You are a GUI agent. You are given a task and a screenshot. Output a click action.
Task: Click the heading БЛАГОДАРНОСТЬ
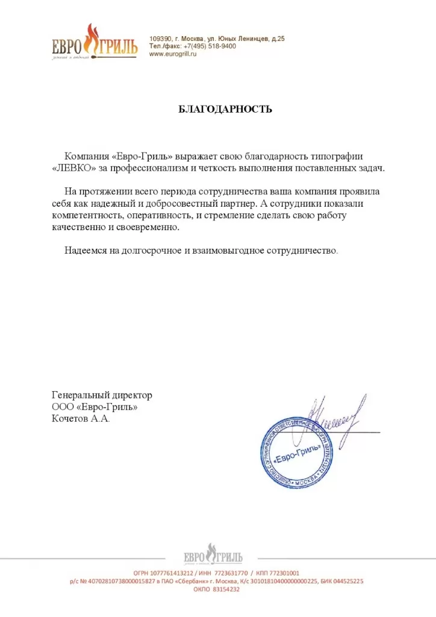pos(225,109)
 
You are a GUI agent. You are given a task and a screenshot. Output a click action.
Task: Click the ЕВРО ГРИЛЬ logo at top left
pos(94,42)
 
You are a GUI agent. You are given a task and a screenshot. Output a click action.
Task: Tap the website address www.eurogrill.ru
pos(173,54)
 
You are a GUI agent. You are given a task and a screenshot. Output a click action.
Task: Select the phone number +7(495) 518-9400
pos(210,46)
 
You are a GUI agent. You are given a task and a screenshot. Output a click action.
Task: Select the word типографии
pos(352,155)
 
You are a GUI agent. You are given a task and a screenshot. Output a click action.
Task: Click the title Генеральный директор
pos(102,395)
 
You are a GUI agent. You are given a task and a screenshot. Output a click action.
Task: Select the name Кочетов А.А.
pos(81,419)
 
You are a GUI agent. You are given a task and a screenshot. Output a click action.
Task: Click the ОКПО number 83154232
pos(225,589)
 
